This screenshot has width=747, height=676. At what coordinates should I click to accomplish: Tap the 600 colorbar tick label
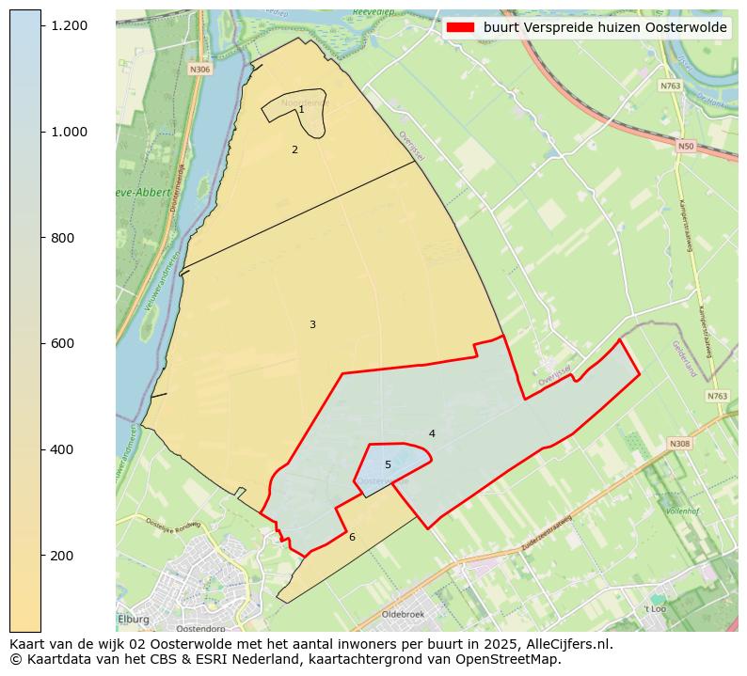63,344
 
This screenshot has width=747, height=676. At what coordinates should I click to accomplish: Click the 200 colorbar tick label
63,556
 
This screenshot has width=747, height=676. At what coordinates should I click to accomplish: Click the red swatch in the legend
462,28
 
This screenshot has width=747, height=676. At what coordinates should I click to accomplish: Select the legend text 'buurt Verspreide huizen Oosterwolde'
605,28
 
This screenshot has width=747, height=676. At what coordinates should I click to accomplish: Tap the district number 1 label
301,110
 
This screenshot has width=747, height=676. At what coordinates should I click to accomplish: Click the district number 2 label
294,149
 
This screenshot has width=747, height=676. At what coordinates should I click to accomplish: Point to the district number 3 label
312,324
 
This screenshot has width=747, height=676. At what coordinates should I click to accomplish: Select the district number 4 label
432,433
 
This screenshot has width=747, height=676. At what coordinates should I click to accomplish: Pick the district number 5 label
388,464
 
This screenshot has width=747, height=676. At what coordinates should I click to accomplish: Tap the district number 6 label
352,537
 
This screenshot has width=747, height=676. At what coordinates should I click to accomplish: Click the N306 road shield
199,70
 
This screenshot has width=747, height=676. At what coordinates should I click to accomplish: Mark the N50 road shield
686,146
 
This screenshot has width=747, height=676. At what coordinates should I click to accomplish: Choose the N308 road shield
679,443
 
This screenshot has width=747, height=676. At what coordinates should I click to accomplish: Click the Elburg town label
134,619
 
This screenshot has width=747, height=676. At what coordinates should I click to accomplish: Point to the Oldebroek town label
404,614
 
